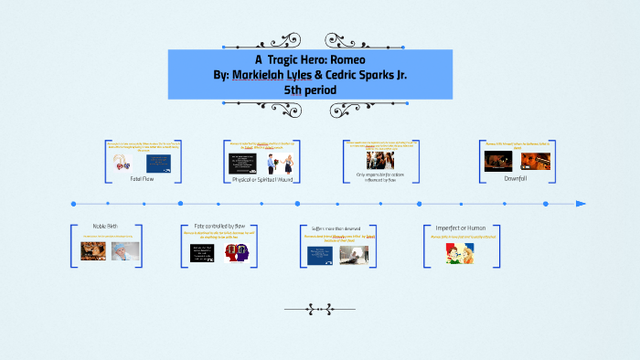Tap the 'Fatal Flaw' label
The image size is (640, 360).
141,177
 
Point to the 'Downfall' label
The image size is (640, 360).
516,178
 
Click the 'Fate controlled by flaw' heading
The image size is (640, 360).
219,226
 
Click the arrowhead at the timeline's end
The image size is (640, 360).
581,203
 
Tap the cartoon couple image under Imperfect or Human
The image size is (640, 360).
460,255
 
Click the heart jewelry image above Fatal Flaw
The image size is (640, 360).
121,162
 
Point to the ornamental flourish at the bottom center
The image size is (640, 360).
319,309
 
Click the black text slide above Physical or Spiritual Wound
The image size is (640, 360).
241,163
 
